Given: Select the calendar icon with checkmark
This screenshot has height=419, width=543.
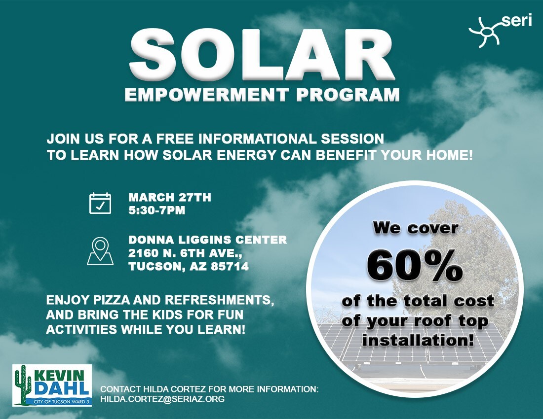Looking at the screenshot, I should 100,203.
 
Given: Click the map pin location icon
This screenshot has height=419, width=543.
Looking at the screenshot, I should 100,251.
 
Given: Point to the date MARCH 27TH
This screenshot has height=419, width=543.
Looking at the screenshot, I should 170,198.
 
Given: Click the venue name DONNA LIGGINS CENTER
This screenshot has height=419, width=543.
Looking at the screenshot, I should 207,240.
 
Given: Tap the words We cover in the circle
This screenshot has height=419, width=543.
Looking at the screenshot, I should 415,228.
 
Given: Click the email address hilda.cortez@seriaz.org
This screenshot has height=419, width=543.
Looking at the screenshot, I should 162,398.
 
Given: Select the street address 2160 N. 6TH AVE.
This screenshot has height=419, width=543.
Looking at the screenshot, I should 185,253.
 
